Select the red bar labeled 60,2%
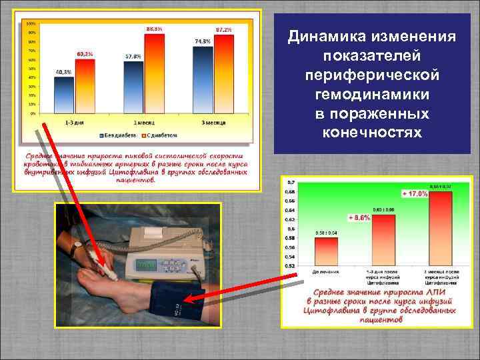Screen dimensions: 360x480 (85, 87)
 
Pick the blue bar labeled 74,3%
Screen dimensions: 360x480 (203, 81)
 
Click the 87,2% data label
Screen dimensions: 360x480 (224, 30)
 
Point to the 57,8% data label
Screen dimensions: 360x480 (133, 57)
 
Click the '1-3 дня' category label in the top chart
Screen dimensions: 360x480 (75, 124)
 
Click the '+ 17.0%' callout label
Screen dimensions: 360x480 (414, 193)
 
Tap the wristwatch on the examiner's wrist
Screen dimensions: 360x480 (78, 246)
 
